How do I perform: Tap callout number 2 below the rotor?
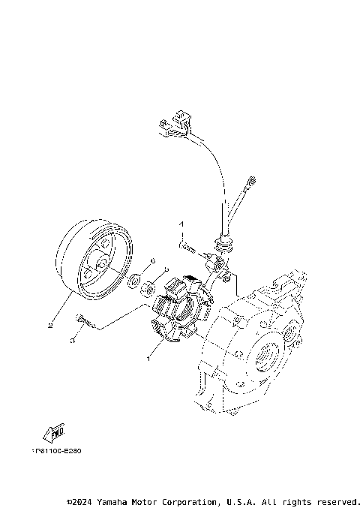49,326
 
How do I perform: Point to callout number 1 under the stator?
148,359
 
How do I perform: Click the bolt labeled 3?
83,322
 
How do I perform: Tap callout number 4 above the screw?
180,224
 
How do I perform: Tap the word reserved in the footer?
339,501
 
